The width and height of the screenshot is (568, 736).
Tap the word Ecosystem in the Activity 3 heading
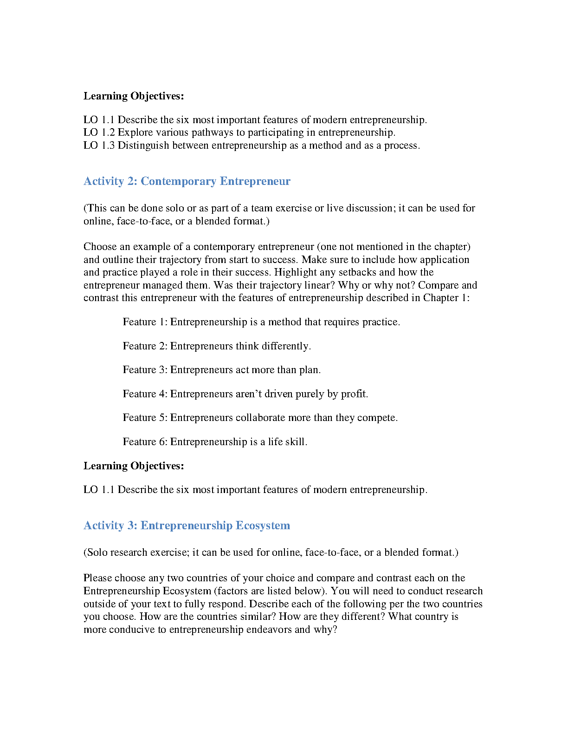(263, 526)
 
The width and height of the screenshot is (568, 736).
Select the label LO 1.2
(99, 132)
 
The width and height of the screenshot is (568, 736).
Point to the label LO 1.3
(99, 145)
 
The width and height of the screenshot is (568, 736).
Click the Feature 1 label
(145, 322)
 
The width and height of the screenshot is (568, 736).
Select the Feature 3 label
(145, 370)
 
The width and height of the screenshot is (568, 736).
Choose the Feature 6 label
(145, 442)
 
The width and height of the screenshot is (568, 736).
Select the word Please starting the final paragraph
(97, 578)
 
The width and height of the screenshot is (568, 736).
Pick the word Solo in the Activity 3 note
(97, 552)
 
